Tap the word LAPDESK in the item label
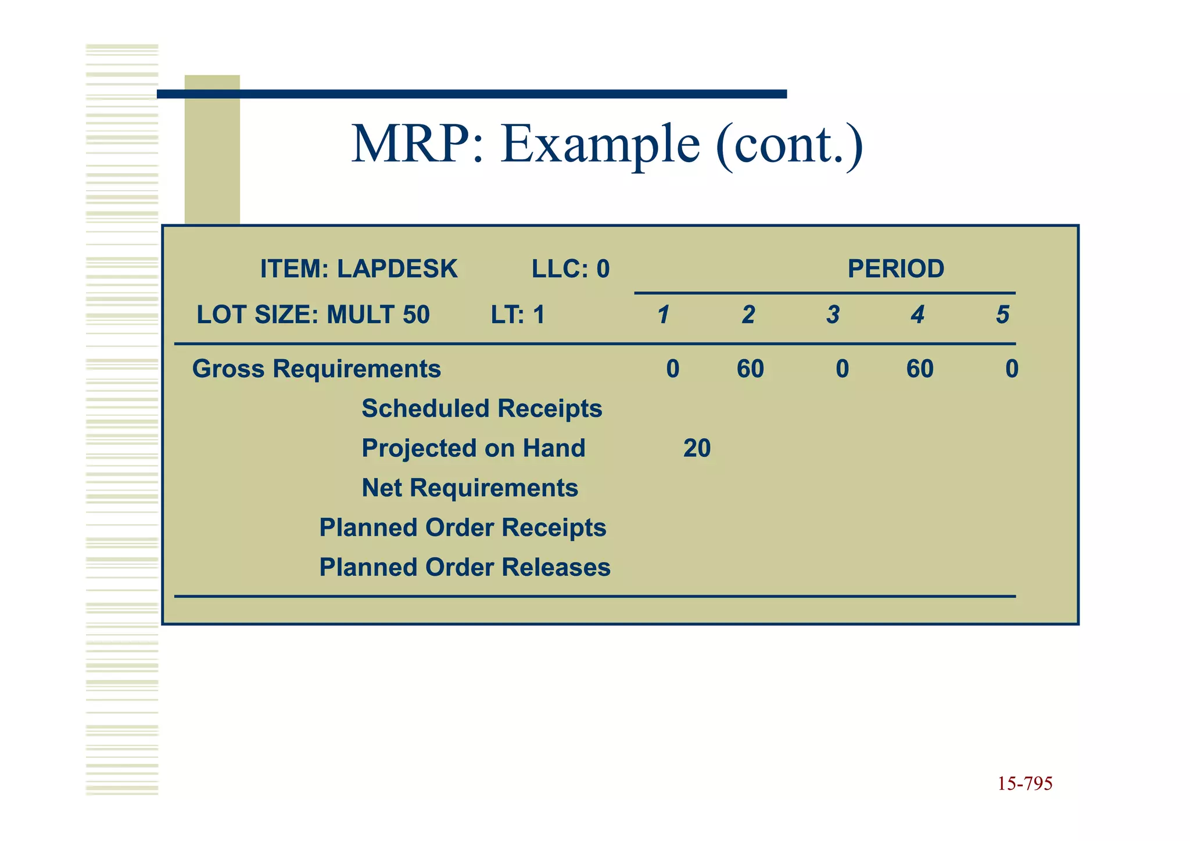pos(397,269)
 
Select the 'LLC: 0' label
pos(571,269)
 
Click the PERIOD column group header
pos(895,269)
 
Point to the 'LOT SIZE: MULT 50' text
pos(313,315)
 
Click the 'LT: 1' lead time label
pos(518,315)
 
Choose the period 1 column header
pos(664,315)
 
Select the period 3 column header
pos(833,315)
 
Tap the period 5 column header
pos(1002,315)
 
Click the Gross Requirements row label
pos(317,369)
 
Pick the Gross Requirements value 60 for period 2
pos(750,369)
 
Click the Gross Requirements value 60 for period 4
pos(920,369)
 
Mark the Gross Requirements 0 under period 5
pos(1012,369)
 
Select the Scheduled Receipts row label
pos(482,409)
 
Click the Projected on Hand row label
pos(474,448)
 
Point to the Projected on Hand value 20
pos(697,448)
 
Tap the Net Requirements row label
pos(470,488)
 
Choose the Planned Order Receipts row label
pos(463,528)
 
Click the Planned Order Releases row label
pos(465,567)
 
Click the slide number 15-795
pos(1025,783)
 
